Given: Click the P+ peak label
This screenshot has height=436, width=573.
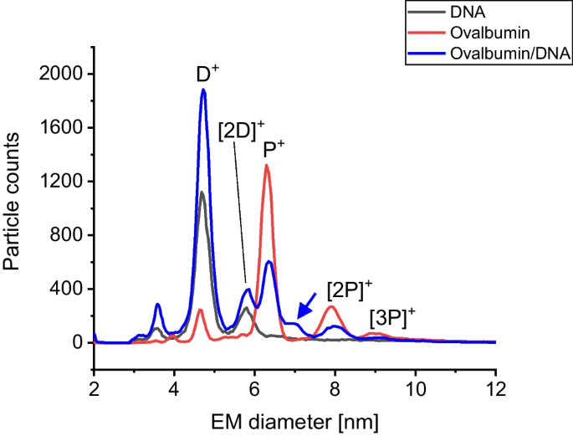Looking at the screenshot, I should click(274, 149).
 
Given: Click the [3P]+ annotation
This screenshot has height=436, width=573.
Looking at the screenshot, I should click(392, 317).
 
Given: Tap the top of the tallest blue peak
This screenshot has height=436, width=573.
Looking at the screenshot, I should click(203, 90).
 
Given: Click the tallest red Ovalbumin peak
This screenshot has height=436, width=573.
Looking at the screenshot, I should click(266, 166).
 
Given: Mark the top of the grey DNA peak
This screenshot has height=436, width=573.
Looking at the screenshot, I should click(202, 192).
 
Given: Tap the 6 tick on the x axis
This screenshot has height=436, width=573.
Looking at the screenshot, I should click(254, 365).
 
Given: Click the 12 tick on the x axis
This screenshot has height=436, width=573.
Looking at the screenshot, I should click(495, 365).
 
